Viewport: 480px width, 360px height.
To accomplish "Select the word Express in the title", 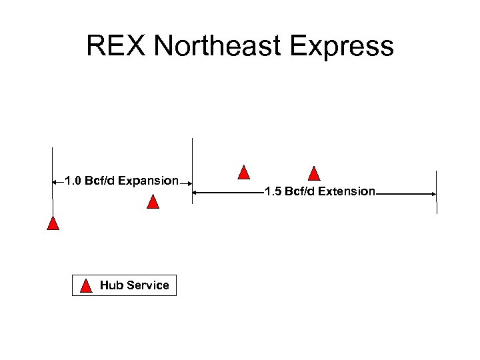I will pyautogui.click(x=347, y=47).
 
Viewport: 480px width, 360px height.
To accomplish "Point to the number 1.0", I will pyautogui.click(x=73, y=181).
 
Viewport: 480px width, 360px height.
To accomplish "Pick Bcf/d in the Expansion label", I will pyautogui.click(x=99, y=181).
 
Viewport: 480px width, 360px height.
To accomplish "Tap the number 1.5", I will pyautogui.click(x=273, y=192).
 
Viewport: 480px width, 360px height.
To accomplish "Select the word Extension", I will pyautogui.click(x=347, y=192).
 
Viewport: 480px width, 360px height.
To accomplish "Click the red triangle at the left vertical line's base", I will pyautogui.click(x=53, y=223).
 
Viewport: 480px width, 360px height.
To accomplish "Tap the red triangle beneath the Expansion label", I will pyautogui.click(x=153, y=201).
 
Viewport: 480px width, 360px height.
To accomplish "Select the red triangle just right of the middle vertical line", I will pyautogui.click(x=245, y=172).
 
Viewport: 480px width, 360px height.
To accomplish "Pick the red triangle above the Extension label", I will pyautogui.click(x=315, y=173).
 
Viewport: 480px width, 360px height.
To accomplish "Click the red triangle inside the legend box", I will pyautogui.click(x=86, y=286).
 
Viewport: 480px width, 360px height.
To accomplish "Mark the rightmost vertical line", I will pyautogui.click(x=437, y=191).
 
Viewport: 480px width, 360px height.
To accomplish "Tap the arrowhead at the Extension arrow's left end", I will pyautogui.click(x=196, y=193).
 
